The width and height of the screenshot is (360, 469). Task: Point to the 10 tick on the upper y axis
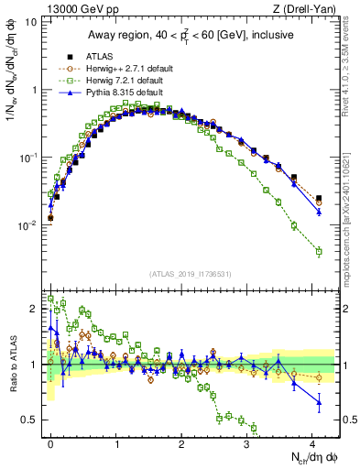tap(30, 22)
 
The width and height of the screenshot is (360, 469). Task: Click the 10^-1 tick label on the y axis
tap(27, 158)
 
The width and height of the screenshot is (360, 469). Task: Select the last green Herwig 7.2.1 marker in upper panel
tap(319, 251)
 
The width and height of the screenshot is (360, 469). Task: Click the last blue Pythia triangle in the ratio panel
tap(319, 401)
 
